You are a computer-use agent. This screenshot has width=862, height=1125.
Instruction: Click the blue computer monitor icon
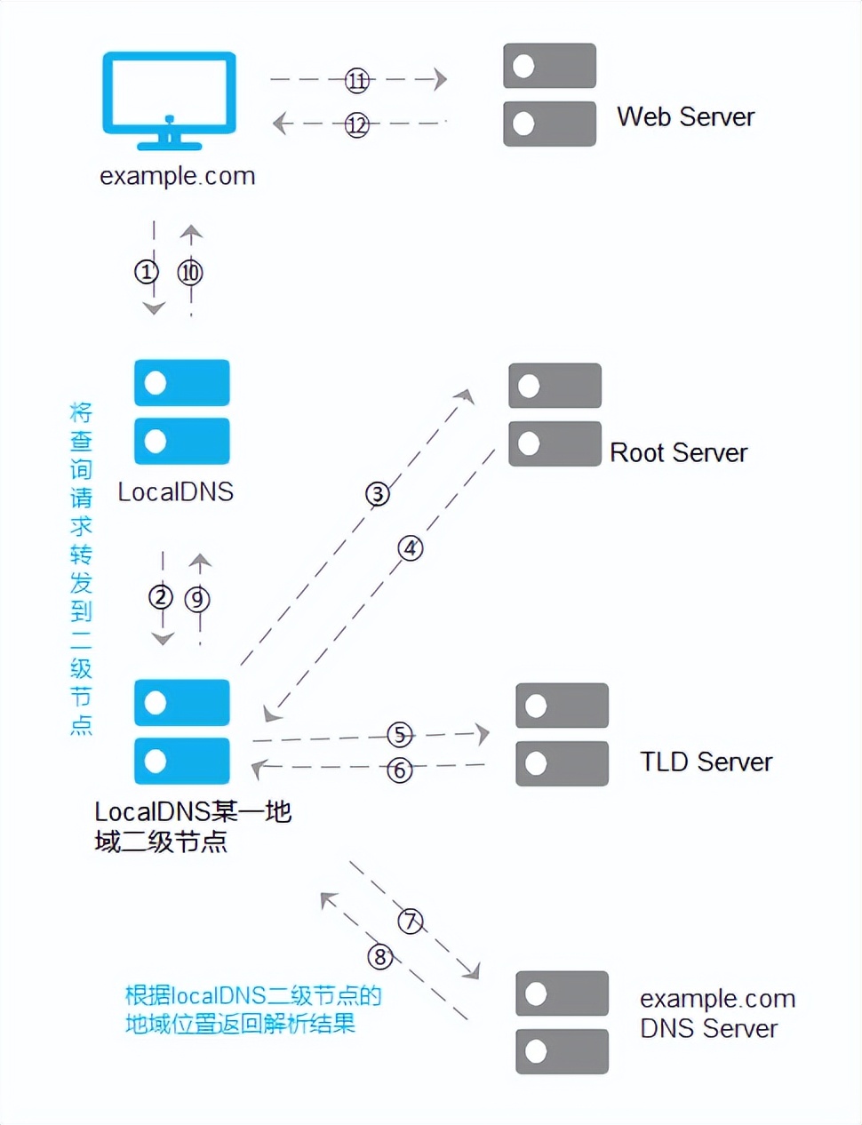coord(169,98)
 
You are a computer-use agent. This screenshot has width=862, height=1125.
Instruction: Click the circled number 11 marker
coord(357,81)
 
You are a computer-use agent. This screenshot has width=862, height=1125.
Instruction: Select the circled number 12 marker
coord(357,124)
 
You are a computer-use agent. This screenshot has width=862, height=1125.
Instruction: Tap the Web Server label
coord(685,116)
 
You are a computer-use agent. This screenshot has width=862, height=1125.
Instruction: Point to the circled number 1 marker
coord(146,271)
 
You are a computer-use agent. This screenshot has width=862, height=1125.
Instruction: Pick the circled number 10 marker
coord(190,272)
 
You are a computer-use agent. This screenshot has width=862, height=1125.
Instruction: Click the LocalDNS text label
coord(176,491)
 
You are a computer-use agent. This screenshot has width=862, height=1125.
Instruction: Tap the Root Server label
coord(678,452)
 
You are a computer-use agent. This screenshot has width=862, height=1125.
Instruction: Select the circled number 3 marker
coord(378,494)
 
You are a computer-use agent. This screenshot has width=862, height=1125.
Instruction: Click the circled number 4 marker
coord(410,548)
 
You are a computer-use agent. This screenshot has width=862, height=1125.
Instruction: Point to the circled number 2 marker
coord(161,597)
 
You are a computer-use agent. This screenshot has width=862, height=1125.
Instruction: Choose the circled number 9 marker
coord(197,599)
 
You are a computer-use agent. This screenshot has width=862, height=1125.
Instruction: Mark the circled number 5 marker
coord(400,734)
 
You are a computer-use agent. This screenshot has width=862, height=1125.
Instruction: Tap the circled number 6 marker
coord(400,770)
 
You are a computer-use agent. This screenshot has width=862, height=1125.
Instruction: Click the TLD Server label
coord(706,762)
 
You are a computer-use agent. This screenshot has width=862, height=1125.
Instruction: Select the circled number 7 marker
coord(410,921)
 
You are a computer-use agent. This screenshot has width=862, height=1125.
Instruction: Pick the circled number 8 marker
coord(380,957)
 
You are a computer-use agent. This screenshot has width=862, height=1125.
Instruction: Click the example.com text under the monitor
coord(177,176)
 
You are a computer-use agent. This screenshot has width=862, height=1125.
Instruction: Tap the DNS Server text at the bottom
coord(708,1028)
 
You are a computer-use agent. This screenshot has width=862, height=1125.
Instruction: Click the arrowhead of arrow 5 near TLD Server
coord(483,733)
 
